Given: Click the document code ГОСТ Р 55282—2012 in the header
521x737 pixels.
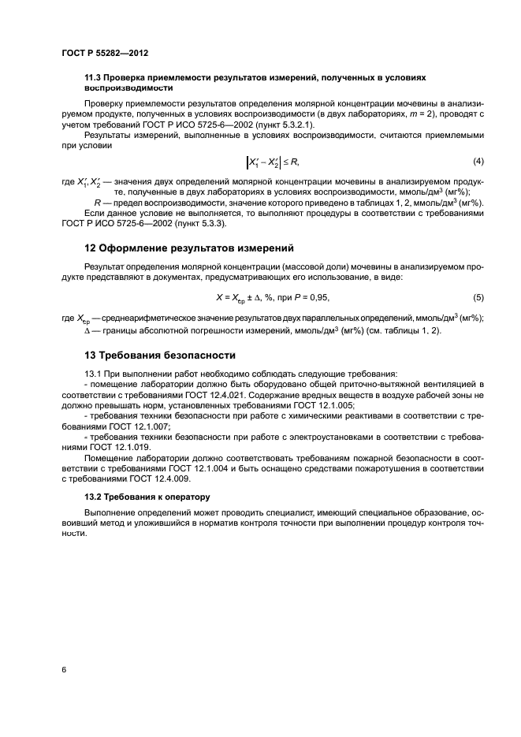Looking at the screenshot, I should click(x=104, y=53).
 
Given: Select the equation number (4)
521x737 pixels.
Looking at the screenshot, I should click(x=478, y=162).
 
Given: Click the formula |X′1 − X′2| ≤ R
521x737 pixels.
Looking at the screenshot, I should click(x=272, y=162).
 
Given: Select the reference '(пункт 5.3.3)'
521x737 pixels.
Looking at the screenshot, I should click(x=198, y=223).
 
